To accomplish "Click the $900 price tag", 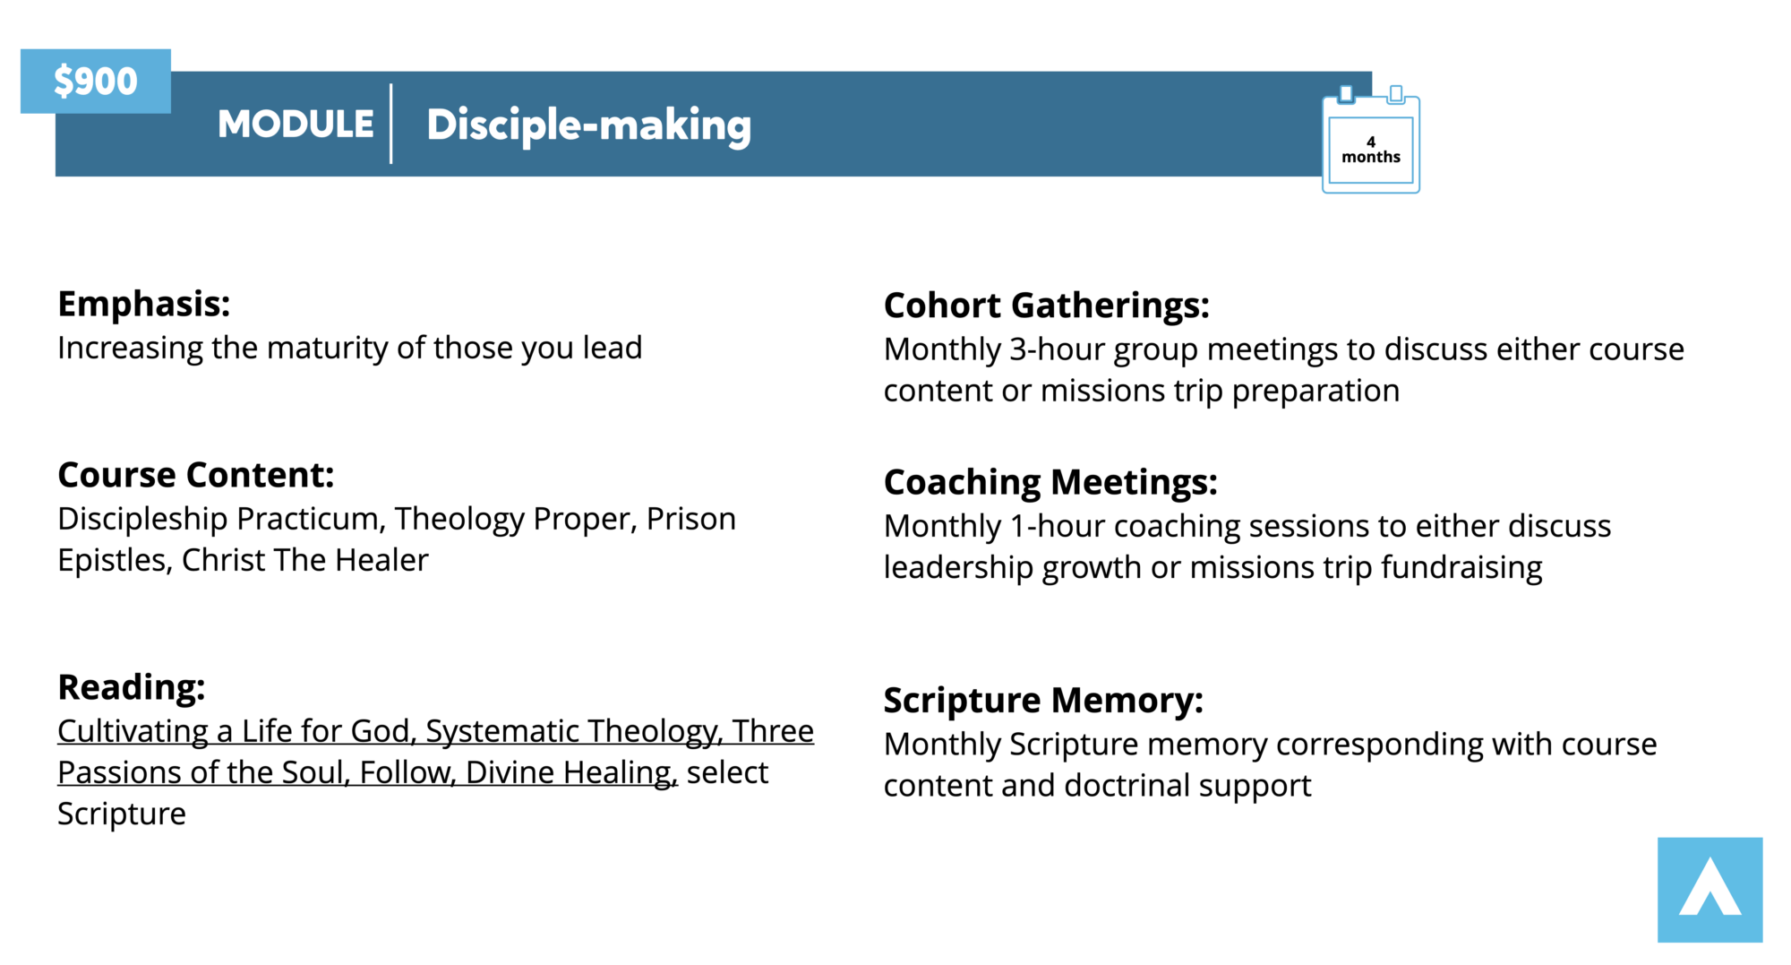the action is click(96, 81).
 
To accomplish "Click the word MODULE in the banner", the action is click(296, 124).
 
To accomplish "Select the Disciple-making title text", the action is click(588, 125).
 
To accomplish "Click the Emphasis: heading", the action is click(144, 304).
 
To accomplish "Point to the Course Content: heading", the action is click(196, 475).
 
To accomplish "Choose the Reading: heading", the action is click(132, 687).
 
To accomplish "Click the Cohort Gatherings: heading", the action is click(1047, 306).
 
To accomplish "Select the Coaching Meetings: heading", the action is click(1050, 482).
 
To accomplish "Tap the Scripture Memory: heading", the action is click(1043, 700).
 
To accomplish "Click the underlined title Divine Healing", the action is click(571, 773).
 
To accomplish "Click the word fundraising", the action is click(1461, 568).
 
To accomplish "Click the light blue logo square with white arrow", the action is click(1710, 890).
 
